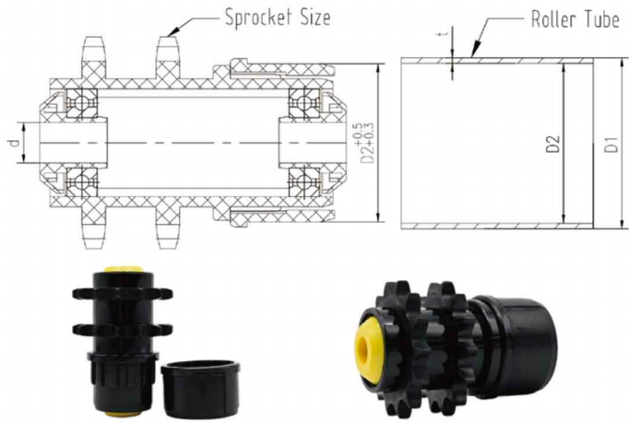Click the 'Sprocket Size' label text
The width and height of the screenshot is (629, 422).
pos(278,18)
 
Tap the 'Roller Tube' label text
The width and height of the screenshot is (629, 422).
pos(576,19)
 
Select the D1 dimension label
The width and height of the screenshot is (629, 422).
pos(611,145)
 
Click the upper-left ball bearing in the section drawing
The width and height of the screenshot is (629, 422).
pos(82,102)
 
